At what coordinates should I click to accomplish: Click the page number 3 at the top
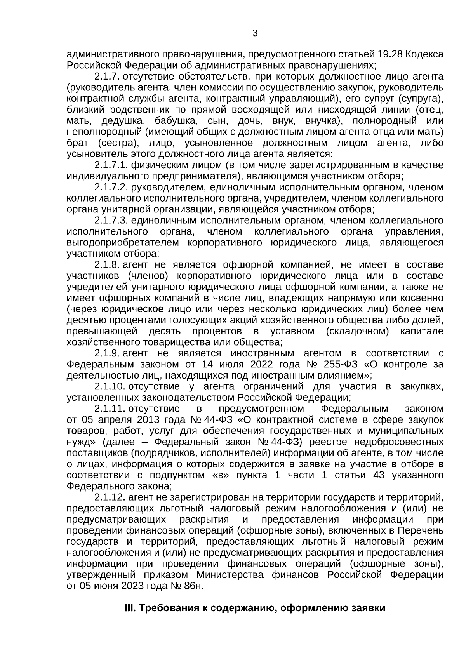(x=255, y=33)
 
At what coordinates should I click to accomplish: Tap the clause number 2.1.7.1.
(x=111, y=165)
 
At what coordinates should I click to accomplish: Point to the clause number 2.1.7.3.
(x=111, y=221)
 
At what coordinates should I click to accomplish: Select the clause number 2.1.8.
(x=106, y=265)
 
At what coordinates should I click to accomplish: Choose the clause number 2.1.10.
(x=109, y=387)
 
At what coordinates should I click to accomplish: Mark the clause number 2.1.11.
(x=109, y=409)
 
